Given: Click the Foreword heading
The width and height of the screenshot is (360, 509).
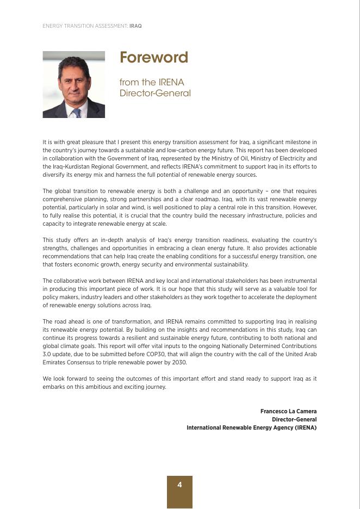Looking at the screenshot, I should [154, 58].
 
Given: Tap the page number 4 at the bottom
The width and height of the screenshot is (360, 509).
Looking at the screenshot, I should [179, 485].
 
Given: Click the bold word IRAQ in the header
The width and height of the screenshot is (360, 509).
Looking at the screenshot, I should [135, 26].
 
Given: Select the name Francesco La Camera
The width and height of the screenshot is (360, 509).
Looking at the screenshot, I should [288, 412].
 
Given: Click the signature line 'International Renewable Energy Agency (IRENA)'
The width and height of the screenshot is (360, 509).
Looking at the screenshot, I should [251, 428].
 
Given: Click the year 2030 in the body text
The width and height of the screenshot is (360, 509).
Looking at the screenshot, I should [179, 363].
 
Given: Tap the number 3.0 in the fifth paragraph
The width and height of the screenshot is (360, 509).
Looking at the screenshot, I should [47, 355].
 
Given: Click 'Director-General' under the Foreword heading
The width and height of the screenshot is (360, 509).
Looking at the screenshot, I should [155, 94].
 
